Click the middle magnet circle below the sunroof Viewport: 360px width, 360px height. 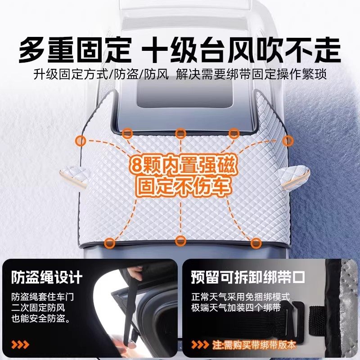(180, 133)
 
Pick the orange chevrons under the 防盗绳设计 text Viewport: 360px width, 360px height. (20, 346)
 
